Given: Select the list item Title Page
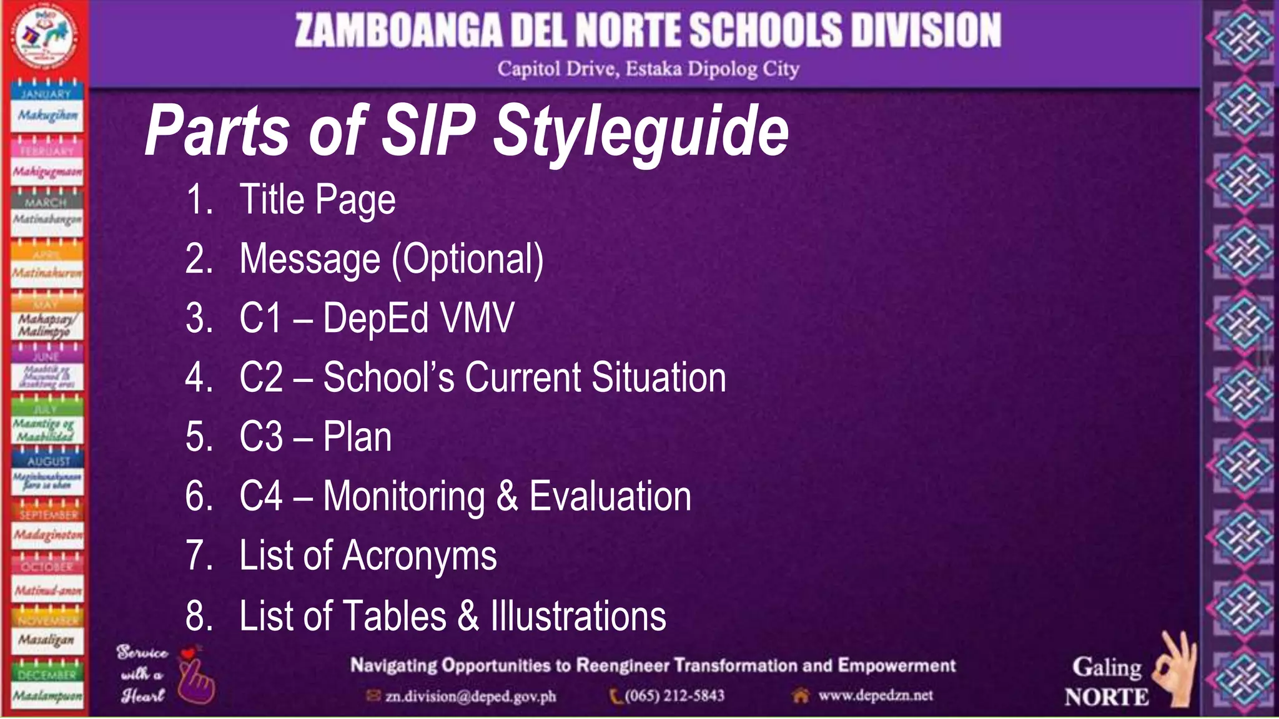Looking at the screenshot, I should tap(317, 200).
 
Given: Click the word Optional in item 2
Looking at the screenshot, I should tap(468, 259).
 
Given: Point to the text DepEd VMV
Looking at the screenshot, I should tap(418, 318).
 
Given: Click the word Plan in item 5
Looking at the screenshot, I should tap(357, 437).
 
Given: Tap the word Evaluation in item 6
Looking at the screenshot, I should tap(610, 497).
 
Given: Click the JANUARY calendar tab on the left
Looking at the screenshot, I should tap(46, 94).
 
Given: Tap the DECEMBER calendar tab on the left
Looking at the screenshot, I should tap(46, 675).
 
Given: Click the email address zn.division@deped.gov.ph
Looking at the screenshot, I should tap(470, 696).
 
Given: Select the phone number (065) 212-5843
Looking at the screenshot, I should tap(674, 695).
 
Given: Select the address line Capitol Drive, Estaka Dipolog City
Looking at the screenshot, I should tap(648, 69).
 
